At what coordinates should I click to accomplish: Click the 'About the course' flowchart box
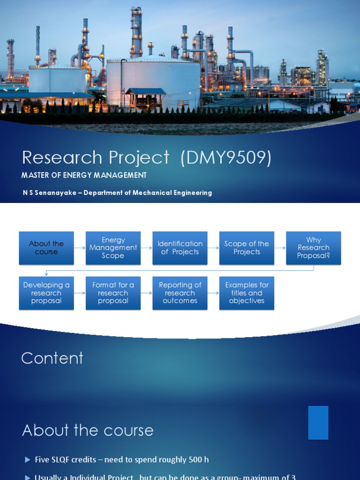coord(46,248)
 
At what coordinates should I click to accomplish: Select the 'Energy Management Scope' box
coord(113,248)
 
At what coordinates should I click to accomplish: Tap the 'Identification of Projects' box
coord(180,248)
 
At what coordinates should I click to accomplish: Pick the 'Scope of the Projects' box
coord(247,248)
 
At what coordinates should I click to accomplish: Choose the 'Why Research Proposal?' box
coord(314,248)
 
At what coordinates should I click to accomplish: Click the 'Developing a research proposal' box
coord(46,293)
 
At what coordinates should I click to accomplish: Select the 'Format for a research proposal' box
coord(113,293)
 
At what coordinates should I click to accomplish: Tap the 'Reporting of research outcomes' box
coord(180,293)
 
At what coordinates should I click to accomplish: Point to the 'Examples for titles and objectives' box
coord(247,293)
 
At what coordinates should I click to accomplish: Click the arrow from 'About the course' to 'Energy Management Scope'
coord(80,248)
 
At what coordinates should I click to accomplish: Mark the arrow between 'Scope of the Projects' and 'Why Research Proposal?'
coord(280,248)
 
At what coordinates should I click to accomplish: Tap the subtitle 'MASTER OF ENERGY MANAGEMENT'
coord(84,175)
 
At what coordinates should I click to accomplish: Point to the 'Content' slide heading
coord(52,358)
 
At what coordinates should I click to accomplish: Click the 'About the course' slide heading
coord(88,430)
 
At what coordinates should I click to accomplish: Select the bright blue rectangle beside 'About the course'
coord(318,423)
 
